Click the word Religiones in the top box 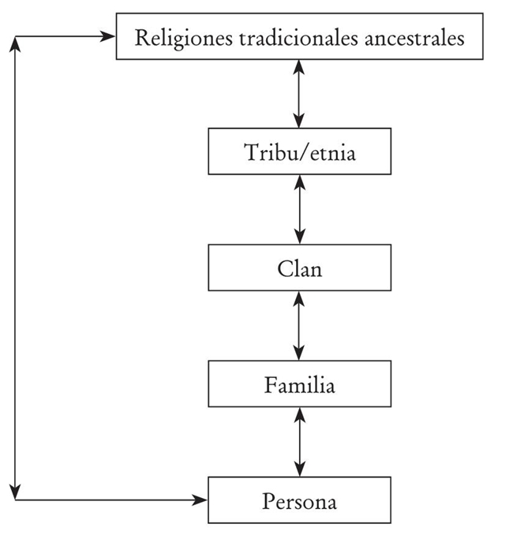click(173, 38)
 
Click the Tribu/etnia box click(299, 152)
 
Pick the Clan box click(299, 268)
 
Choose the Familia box click(299, 385)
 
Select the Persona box click(299, 500)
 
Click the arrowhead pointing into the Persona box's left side click(201, 500)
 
